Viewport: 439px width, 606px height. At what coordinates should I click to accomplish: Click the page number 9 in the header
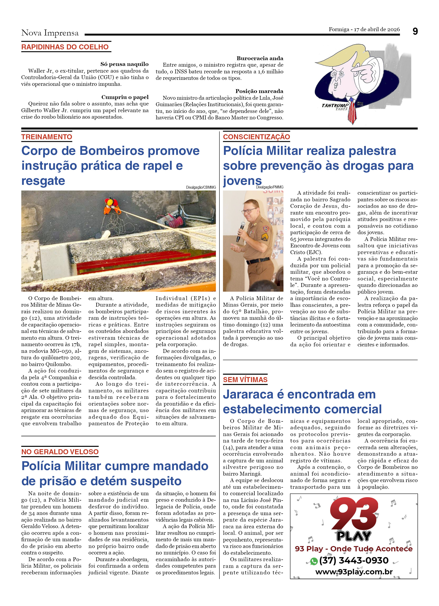[415, 32]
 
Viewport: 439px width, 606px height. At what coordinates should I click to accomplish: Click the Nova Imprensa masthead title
[50, 33]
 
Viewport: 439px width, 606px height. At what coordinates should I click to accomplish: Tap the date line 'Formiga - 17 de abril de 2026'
[364, 29]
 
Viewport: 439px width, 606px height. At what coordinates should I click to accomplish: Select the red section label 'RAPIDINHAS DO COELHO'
[65, 47]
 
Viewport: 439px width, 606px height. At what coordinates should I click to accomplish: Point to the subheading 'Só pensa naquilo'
[124, 64]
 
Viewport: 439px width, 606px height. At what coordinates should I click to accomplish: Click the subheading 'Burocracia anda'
[260, 58]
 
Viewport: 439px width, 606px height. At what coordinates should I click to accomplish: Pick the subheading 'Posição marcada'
[259, 91]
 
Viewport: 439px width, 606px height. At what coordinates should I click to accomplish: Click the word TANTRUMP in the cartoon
[335, 105]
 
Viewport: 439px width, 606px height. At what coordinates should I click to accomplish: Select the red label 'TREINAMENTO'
[47, 137]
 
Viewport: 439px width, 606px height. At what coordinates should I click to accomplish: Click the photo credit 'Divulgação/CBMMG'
[201, 187]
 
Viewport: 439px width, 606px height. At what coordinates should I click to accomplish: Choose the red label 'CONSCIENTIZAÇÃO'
[257, 137]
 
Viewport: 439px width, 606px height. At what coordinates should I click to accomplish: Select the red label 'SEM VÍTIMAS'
[245, 379]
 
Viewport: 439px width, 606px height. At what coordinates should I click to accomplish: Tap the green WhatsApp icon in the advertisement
[314, 561]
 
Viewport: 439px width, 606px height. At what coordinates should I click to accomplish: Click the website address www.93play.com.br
[354, 572]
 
